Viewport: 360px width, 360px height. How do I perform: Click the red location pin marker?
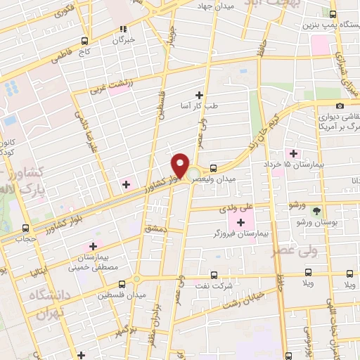click(180, 165)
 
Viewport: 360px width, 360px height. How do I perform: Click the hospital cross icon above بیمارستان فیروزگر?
click(240, 222)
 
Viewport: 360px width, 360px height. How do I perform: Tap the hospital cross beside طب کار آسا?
click(199, 95)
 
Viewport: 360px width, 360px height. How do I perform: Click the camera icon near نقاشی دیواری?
click(340, 105)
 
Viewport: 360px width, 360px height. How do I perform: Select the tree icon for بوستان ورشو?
click(317, 210)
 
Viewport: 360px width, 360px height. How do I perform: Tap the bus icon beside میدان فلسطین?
click(122, 284)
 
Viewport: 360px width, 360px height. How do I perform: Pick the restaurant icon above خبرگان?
click(124, 30)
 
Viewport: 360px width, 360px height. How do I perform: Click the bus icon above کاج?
click(85, 41)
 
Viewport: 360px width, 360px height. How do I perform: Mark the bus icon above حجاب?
click(26, 228)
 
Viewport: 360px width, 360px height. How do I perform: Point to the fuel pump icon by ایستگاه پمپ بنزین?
click(333, 13)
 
